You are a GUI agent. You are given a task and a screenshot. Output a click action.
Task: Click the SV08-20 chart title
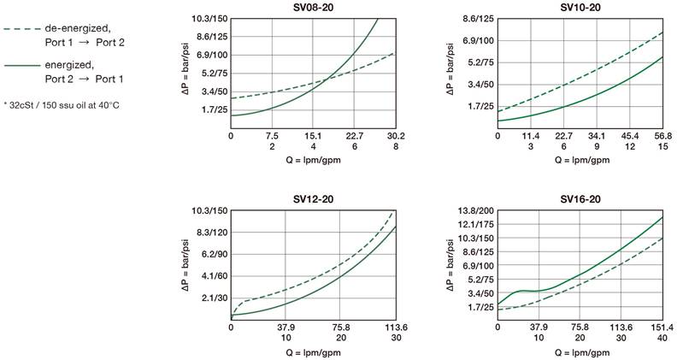tap(313, 8)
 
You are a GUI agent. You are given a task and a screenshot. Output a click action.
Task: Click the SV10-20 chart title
tap(580, 8)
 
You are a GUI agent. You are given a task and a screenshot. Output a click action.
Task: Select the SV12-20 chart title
tap(313, 199)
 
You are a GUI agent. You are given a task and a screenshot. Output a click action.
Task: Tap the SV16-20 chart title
tap(580, 199)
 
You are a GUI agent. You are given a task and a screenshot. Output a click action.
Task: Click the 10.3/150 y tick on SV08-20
tap(209, 19)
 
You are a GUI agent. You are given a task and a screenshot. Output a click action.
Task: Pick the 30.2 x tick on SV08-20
tap(395, 135)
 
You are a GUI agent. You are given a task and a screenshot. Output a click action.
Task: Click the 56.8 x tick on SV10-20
tap(662, 135)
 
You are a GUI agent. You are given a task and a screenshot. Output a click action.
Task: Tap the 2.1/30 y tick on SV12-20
tap(212, 298)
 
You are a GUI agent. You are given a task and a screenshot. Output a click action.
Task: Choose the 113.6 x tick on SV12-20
tap(395, 326)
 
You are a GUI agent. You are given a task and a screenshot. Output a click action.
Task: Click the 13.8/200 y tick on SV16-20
tap(475, 210)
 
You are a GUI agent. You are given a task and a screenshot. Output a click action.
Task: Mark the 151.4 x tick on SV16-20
tap(662, 326)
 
